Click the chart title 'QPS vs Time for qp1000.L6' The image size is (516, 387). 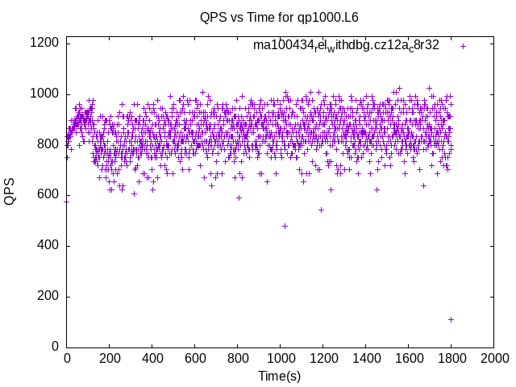(280, 17)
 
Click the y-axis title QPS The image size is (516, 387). (10, 191)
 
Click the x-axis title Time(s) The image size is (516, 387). (280, 376)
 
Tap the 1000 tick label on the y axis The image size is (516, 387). (45, 94)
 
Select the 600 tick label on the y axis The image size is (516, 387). (48, 195)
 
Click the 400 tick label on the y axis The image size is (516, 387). (48, 246)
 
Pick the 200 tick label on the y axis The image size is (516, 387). (48, 296)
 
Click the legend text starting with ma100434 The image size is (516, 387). (346, 45)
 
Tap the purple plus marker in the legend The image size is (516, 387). (463, 46)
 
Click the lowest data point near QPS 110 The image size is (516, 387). (451, 319)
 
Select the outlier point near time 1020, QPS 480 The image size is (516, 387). (285, 226)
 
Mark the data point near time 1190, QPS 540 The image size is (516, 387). (321, 210)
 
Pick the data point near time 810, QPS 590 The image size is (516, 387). (239, 198)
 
